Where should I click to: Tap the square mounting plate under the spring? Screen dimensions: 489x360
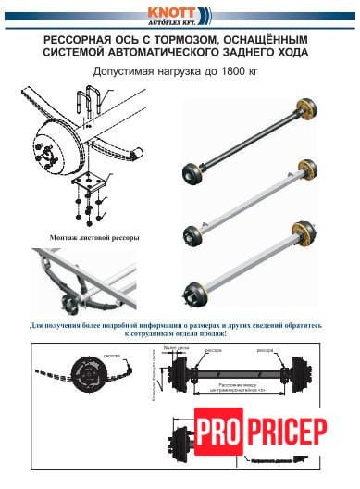click(93, 184)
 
